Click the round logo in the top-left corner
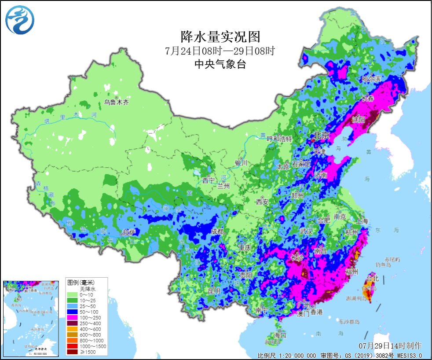click(x=20, y=20)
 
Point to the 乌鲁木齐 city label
click(x=117, y=103)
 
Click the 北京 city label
click(x=321, y=136)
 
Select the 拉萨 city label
click(x=128, y=232)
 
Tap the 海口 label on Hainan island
click(x=280, y=335)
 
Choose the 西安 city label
click(x=262, y=202)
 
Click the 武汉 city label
click(x=305, y=231)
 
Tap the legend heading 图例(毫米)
click(x=81, y=282)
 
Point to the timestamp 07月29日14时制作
click(x=390, y=345)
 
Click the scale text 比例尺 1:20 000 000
click(x=286, y=355)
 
